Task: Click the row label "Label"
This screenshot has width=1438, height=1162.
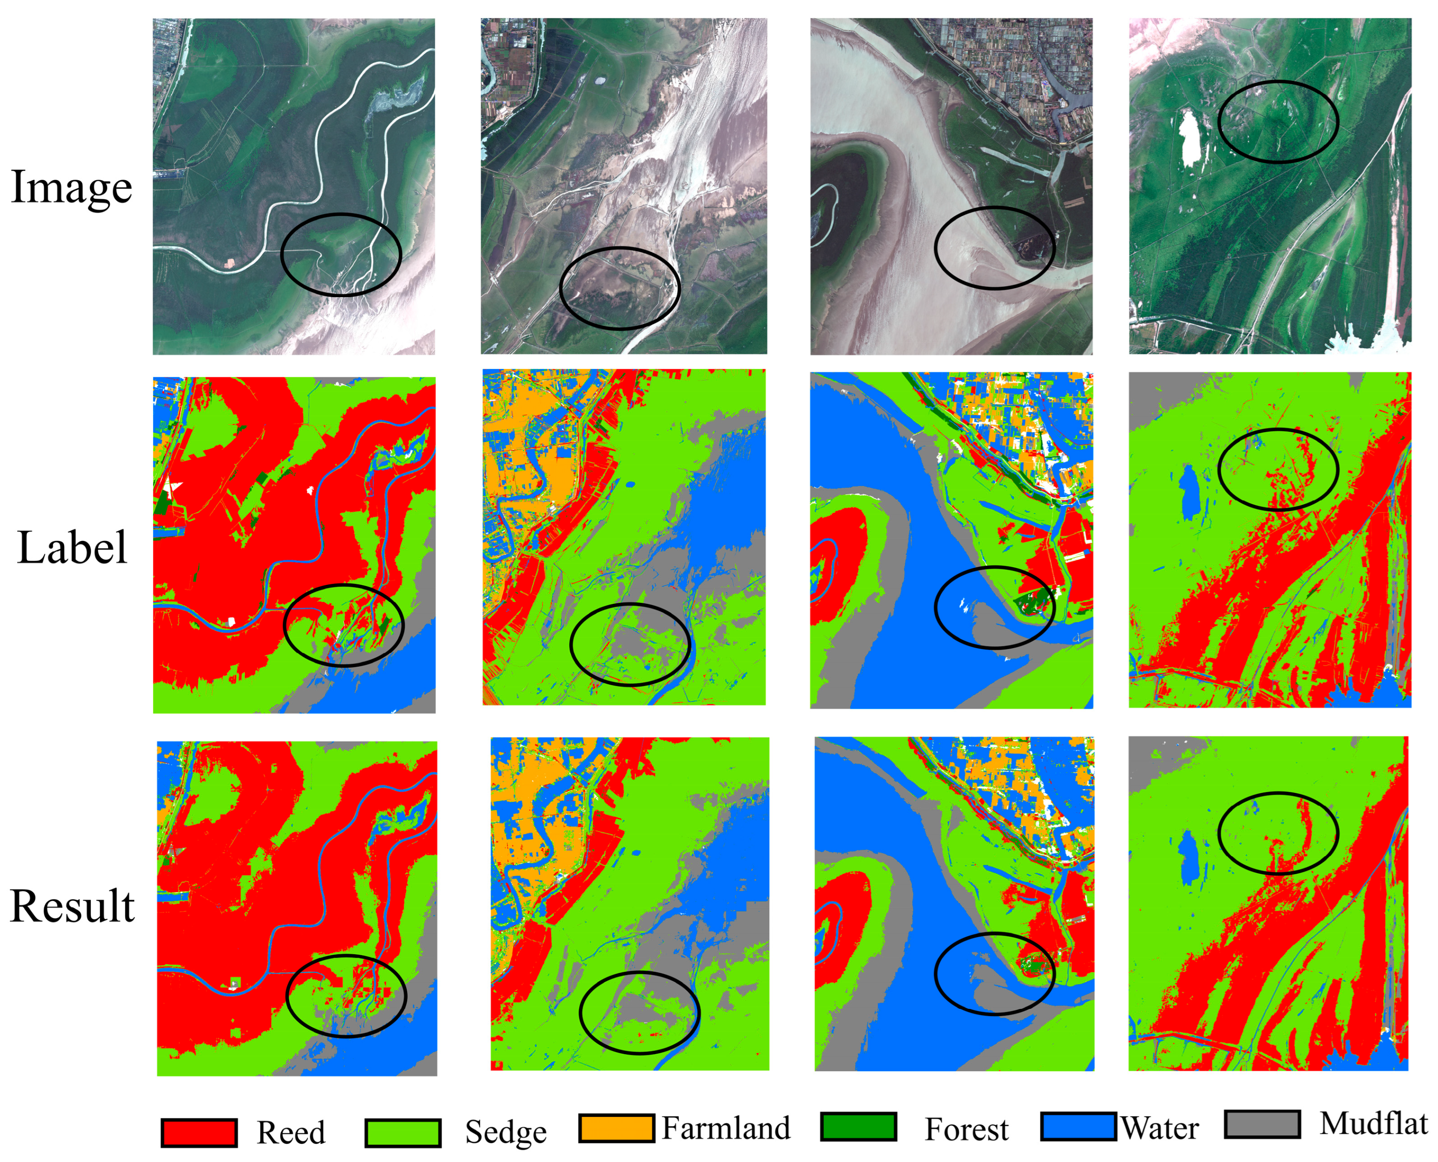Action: [72, 548]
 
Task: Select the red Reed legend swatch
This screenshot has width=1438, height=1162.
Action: [199, 1133]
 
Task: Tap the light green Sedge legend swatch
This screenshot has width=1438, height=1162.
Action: [403, 1133]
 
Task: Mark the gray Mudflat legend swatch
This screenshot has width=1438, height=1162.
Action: [1262, 1124]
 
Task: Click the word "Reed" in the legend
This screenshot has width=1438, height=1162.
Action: [291, 1133]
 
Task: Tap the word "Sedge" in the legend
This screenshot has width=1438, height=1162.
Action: [505, 1133]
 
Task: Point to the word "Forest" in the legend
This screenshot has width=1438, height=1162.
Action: [966, 1129]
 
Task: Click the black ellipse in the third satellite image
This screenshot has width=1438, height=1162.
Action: [935, 248]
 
